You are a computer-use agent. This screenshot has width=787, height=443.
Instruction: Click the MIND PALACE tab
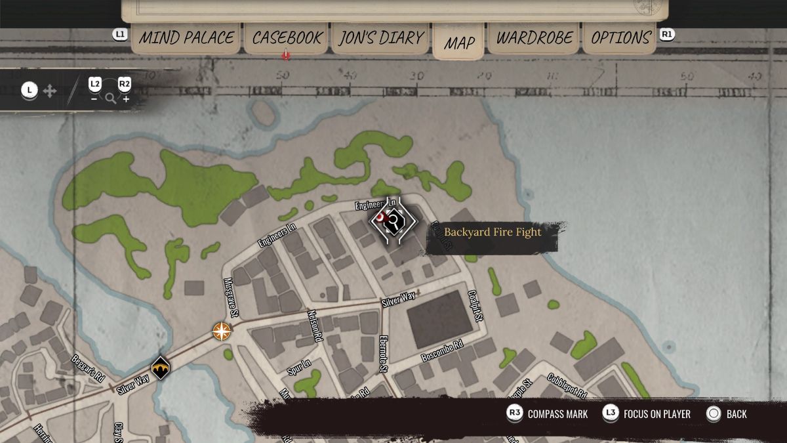click(186, 37)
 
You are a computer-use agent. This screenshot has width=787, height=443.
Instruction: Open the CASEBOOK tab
click(287, 37)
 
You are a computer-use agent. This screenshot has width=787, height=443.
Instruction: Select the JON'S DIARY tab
click(381, 37)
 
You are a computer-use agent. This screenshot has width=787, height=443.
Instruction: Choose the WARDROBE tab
click(534, 37)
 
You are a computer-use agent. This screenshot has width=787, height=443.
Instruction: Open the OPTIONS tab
click(621, 37)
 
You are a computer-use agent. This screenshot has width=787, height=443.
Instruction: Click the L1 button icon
click(120, 34)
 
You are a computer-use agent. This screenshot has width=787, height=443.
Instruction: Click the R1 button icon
click(667, 34)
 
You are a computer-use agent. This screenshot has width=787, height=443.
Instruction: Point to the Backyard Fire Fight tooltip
click(493, 232)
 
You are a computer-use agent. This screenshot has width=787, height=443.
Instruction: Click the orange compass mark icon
click(222, 331)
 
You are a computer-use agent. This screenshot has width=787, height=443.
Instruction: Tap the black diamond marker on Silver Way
click(161, 368)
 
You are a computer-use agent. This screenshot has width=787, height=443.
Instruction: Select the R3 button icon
click(515, 413)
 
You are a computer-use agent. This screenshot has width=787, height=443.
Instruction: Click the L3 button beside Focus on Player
click(611, 413)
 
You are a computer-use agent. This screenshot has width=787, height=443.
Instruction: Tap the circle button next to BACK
click(714, 413)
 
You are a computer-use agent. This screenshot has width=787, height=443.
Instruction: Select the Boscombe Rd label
click(442, 352)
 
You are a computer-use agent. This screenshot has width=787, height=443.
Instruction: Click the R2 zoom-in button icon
click(125, 84)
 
